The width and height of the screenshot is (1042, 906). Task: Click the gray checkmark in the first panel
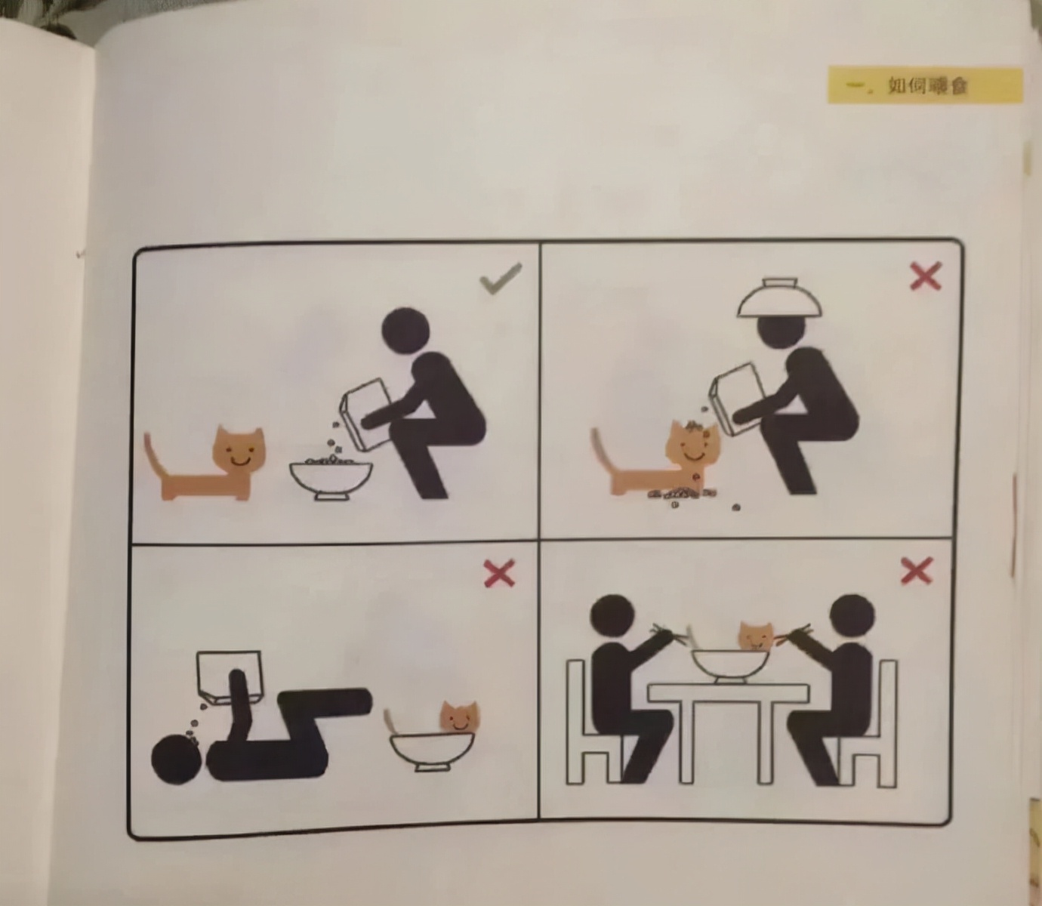point(501,278)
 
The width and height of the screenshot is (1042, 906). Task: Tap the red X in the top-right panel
point(926,276)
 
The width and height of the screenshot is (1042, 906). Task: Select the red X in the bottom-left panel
point(499,574)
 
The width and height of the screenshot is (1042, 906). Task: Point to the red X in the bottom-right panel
point(917,570)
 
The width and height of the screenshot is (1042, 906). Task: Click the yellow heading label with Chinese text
point(925,85)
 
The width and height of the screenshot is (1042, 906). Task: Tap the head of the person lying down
point(177,759)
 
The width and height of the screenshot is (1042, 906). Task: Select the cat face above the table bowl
point(756,636)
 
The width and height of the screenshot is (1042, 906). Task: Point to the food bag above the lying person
point(230,677)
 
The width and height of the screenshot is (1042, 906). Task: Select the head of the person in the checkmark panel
point(405,331)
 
